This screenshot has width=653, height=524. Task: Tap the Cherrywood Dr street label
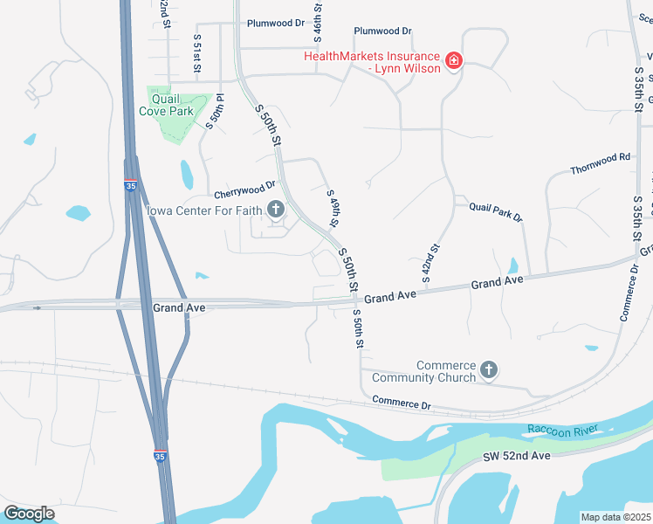pos(245,190)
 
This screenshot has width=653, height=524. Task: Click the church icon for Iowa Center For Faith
pos(276,208)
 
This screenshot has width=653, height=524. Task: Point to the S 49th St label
pos(332,206)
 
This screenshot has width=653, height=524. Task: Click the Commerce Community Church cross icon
pos(489,370)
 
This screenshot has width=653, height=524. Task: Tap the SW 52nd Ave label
pos(517,457)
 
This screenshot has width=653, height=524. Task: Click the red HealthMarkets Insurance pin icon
pos(453,61)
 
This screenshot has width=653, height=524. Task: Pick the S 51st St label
pos(197,55)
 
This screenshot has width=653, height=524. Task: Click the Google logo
pos(29,514)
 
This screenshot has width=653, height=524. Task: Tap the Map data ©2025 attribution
pos(615,517)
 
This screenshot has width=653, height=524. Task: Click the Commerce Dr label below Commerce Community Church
pos(402,403)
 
